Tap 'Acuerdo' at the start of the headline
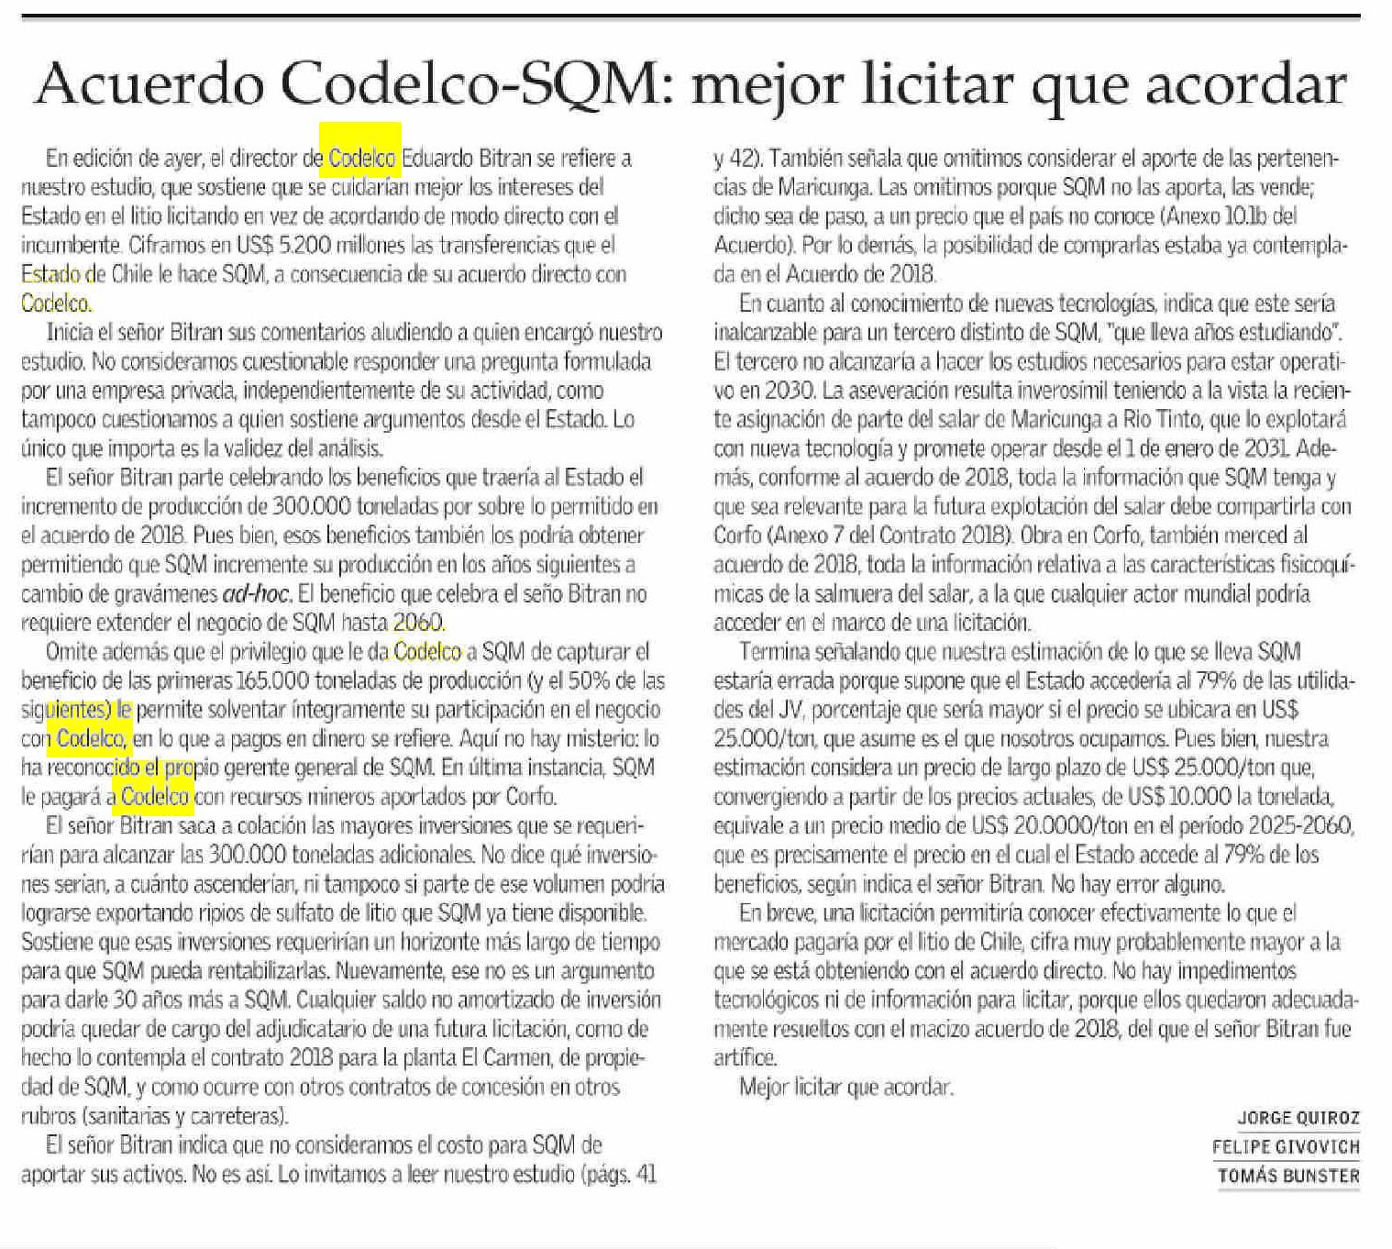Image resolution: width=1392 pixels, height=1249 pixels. tap(149, 84)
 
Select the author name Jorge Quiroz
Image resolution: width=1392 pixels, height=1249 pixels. tap(1298, 1118)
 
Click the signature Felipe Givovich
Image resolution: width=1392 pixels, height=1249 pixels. tap(1286, 1146)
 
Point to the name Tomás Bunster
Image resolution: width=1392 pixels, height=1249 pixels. tap(1288, 1176)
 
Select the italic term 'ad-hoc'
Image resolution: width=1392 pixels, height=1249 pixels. tap(257, 593)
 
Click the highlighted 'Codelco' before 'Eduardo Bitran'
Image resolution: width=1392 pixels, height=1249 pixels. tap(361, 159)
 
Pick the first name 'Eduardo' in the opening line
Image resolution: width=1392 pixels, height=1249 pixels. tap(436, 159)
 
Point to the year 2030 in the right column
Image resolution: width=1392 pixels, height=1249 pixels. tap(787, 391)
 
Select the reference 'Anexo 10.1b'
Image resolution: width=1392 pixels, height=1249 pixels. tap(1227, 216)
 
